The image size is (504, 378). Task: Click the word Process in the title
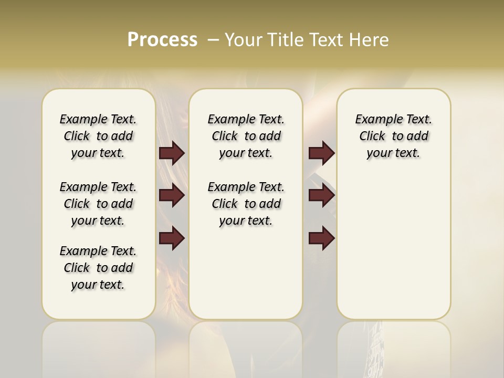[x=162, y=40]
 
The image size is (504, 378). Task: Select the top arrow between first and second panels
[x=172, y=153]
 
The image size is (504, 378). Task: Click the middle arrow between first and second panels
[x=172, y=196]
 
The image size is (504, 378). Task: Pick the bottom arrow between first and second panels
[x=172, y=238]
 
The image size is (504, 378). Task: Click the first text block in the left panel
[x=98, y=136]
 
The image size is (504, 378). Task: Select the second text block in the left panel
[x=98, y=204]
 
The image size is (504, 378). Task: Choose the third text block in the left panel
[x=98, y=268]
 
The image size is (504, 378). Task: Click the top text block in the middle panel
[x=246, y=136]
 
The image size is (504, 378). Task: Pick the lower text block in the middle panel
[x=246, y=204]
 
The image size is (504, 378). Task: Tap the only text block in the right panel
[x=393, y=136]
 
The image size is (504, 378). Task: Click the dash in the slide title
[x=213, y=40]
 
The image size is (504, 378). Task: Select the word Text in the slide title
[x=325, y=40]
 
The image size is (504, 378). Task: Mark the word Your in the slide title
[x=243, y=40]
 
